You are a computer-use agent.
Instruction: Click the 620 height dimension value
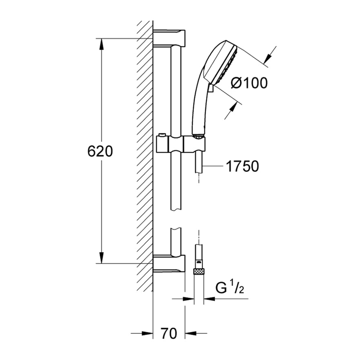(100, 151)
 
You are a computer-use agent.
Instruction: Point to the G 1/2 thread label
(229, 288)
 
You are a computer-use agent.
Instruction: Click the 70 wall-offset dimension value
(169, 333)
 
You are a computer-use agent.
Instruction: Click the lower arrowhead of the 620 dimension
(101, 257)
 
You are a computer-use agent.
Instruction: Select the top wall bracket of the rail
(169, 38)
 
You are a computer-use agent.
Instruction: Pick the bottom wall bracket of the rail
(169, 264)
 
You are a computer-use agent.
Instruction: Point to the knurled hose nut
(199, 272)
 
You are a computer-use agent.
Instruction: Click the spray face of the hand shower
(224, 64)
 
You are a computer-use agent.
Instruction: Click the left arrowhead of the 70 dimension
(147, 333)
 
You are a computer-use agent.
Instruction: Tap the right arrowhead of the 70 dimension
(191, 333)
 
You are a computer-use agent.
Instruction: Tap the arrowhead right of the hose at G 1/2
(209, 299)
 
